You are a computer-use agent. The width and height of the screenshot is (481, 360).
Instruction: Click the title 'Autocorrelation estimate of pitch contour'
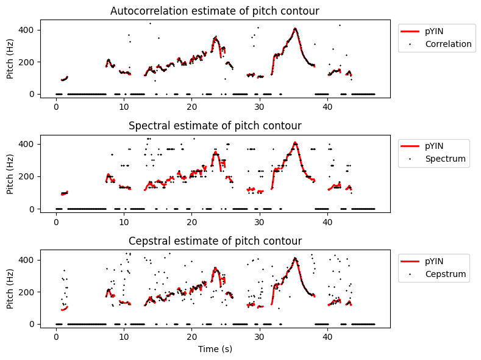coord(215,11)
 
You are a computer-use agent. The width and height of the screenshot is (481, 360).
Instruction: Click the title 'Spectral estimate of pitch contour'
coord(215,126)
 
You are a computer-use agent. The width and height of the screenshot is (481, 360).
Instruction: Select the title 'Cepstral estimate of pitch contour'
coord(215,241)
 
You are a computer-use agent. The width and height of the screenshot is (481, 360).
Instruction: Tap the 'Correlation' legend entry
coord(448,44)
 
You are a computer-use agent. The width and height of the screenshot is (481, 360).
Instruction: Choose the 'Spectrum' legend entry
coord(446,159)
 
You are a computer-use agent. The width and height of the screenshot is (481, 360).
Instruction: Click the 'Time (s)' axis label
coord(215,349)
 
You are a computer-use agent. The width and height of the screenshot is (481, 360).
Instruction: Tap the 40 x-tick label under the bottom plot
coord(327,337)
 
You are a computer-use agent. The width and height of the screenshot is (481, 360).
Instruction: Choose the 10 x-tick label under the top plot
coord(124,107)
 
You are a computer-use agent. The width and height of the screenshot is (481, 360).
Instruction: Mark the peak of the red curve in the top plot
coord(295,29)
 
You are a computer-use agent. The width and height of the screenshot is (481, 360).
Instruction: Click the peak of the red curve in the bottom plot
coord(295,259)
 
